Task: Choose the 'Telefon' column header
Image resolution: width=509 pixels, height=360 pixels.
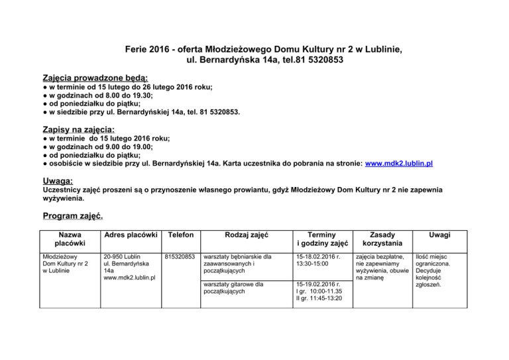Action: (180, 235)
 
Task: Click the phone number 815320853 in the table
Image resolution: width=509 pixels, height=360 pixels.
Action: (180, 257)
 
